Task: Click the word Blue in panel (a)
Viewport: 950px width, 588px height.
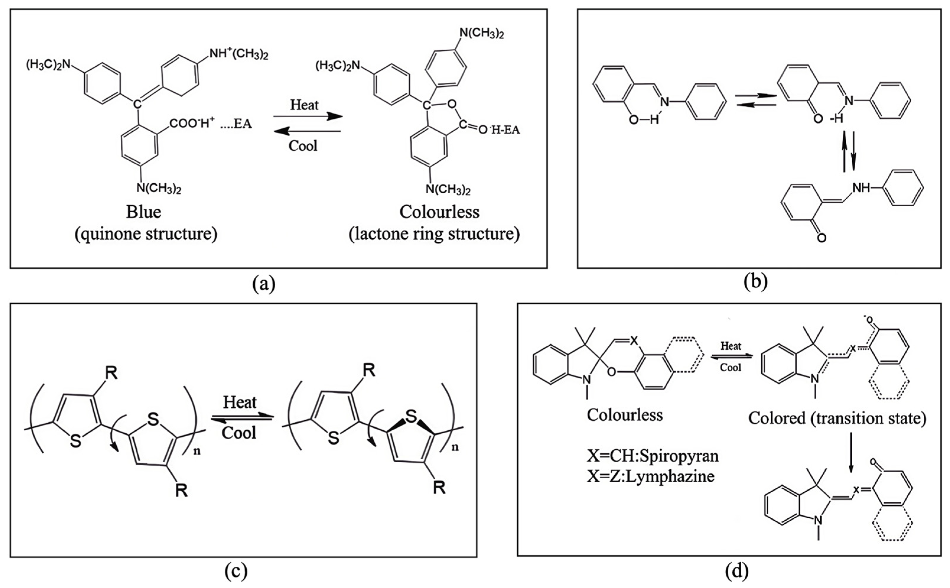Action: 143,212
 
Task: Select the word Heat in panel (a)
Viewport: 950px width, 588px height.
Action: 304,105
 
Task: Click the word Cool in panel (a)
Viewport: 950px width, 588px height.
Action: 303,146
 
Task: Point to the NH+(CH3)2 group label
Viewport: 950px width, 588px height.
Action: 239,54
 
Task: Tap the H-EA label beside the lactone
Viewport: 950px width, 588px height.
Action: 505,130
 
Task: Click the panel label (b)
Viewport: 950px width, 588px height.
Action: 755,283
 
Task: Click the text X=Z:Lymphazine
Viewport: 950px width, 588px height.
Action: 651,476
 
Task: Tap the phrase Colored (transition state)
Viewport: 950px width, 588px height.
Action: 837,419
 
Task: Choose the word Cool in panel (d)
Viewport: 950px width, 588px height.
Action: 731,367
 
